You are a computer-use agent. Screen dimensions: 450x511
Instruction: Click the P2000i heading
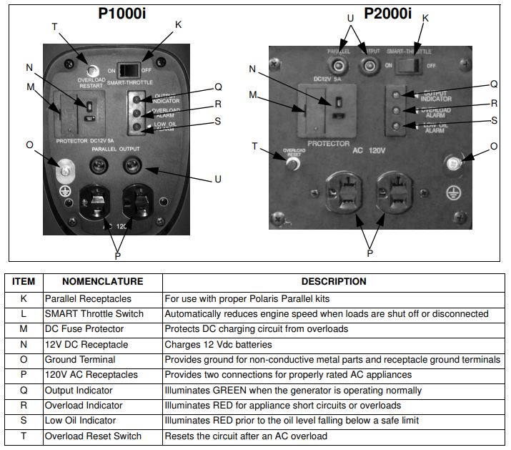[x=388, y=13]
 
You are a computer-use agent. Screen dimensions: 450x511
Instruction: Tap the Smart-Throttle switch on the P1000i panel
[x=128, y=70]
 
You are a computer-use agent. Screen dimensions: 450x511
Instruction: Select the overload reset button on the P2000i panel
[x=291, y=163]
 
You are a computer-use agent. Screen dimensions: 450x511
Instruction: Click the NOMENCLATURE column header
[x=102, y=282]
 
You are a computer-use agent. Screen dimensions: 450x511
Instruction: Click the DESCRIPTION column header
[x=333, y=282]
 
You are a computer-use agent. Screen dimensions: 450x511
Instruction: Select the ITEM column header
[x=24, y=282]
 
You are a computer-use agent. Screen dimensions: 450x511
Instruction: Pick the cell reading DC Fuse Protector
[x=84, y=329]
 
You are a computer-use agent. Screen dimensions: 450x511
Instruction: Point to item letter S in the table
[x=24, y=421]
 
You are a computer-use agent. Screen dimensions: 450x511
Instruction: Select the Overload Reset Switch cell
[x=93, y=436]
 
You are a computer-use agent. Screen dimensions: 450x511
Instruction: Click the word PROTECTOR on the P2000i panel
[x=329, y=144]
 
